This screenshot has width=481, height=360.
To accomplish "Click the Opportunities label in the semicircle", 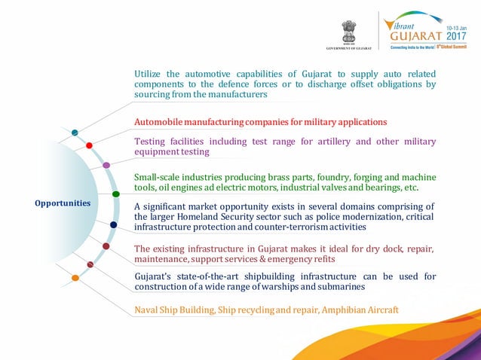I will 63,203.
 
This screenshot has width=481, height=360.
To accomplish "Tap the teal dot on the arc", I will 75,133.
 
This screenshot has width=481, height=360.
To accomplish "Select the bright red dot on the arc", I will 89,145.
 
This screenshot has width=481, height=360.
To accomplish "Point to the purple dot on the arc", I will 106,164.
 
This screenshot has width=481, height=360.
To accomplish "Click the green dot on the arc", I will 116,194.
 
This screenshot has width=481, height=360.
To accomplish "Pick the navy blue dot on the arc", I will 113,224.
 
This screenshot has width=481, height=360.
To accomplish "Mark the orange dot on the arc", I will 75,278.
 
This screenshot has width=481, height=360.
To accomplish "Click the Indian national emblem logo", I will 348,31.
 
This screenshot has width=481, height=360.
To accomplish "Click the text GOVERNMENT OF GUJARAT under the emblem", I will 348,48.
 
